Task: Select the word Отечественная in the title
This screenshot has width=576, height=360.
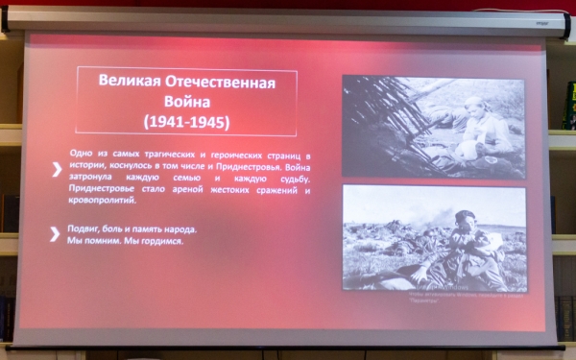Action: [x=223, y=84]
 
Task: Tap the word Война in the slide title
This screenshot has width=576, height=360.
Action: [x=186, y=103]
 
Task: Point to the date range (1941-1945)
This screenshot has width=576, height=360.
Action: [x=186, y=123]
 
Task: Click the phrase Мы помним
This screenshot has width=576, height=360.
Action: [x=90, y=241]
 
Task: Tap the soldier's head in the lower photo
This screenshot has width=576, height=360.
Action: [x=467, y=219]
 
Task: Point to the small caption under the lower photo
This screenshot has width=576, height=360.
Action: [x=434, y=296]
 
